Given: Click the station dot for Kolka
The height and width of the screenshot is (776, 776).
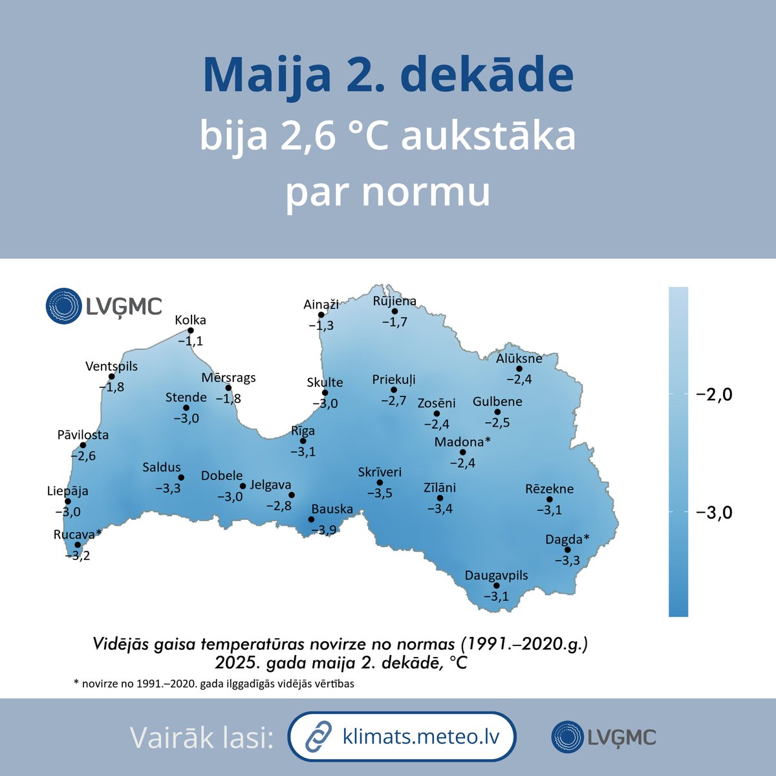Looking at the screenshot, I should [191, 330].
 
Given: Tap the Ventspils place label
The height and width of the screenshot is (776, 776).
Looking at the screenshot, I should [111, 367].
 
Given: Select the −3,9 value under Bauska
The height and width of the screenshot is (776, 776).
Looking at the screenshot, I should [323, 530].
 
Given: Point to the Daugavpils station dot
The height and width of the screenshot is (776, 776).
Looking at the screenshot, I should [497, 586].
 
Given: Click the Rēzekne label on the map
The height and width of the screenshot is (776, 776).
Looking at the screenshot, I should [549, 489].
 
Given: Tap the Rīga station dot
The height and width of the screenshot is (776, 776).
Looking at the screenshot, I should [303, 441].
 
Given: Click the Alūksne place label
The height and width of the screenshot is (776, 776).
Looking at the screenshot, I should [519, 358].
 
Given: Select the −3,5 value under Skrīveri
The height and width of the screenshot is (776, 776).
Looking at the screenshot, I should [380, 493].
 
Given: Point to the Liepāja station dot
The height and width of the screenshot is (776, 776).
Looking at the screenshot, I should [68, 501].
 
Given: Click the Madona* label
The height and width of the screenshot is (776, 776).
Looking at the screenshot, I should [462, 442].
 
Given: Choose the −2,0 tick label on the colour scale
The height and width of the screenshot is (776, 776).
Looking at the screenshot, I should [714, 394].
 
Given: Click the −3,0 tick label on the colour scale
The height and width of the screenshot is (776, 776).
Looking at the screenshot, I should [714, 513].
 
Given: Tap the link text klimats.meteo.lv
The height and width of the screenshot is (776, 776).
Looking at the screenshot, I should [420, 737].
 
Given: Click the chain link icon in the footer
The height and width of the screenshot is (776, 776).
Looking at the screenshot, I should [318, 737].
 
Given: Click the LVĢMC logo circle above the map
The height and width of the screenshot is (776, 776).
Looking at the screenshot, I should [63, 306].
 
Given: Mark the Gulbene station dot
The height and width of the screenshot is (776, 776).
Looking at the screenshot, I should [497, 412].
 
